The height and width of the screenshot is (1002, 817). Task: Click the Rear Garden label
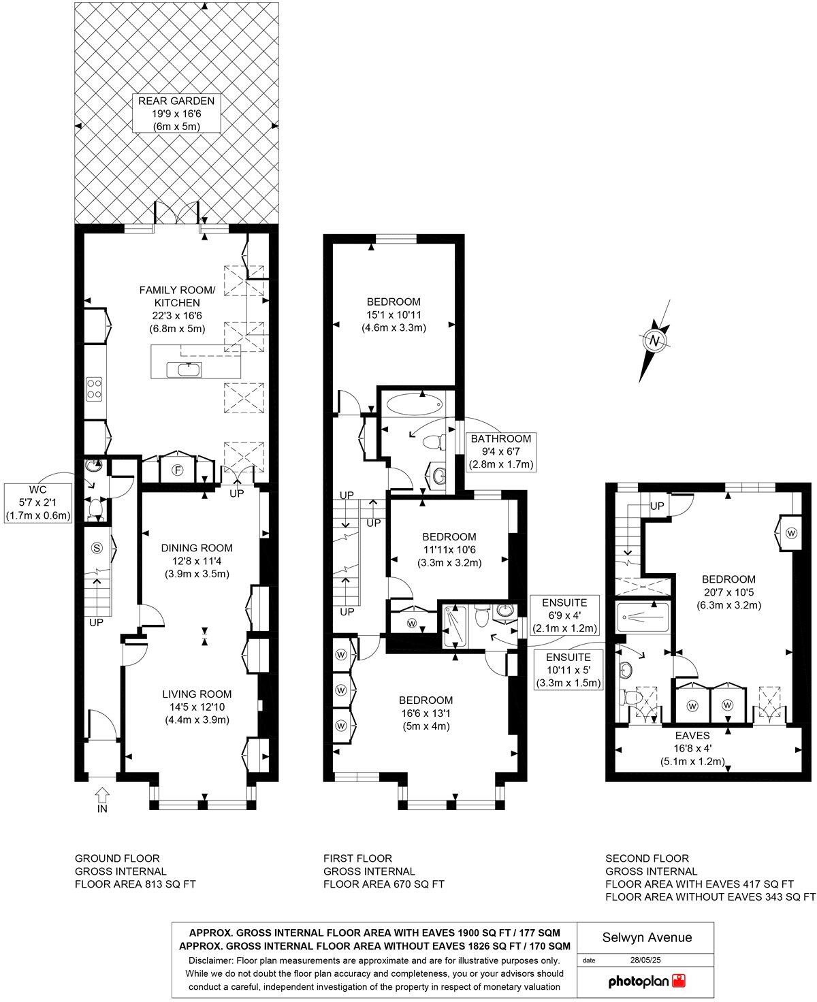coord(176,113)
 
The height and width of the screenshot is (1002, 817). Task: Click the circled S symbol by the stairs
coord(97,547)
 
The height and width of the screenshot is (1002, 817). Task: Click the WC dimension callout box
coord(38,502)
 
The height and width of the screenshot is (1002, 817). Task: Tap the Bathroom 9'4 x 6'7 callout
coord(500,451)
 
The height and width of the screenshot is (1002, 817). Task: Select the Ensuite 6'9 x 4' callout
coord(566,615)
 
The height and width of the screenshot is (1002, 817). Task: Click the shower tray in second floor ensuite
coord(643,618)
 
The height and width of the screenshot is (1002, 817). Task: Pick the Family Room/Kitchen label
coord(177,309)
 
